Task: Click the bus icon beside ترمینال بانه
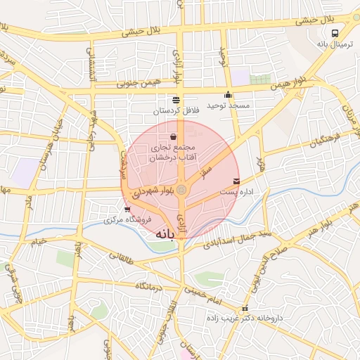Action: [335, 32]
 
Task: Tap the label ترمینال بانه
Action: [328, 44]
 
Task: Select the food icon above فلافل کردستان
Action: [176, 100]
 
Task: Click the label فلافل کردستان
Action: [177, 111]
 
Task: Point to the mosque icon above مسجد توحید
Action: [228, 95]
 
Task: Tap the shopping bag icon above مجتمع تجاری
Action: [174, 136]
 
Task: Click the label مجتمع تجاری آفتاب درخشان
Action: [174, 153]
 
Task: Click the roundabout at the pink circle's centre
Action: [181, 189]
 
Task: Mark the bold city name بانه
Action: [165, 233]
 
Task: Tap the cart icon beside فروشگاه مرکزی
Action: [127, 209]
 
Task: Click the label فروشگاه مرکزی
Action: [108, 220]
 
